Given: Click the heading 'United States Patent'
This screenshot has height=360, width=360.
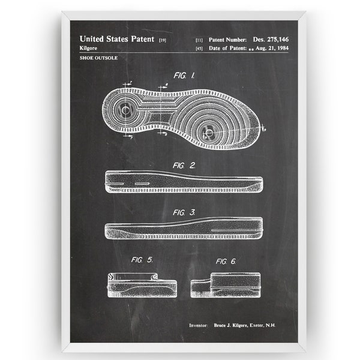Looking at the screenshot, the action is [x=117, y=39].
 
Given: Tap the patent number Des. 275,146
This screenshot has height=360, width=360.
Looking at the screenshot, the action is [x=271, y=40].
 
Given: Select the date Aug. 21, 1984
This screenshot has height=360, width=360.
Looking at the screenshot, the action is [x=272, y=48].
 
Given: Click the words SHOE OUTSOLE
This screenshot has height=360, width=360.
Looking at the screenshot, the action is [x=98, y=58].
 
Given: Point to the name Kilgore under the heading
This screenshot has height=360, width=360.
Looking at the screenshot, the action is [x=88, y=48].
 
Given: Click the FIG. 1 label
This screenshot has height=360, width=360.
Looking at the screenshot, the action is [x=184, y=76].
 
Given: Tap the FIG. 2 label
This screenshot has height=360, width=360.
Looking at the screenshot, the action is [x=184, y=166].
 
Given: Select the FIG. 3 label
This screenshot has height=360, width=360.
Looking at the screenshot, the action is [x=184, y=212].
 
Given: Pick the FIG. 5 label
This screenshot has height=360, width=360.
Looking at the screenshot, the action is [x=142, y=260].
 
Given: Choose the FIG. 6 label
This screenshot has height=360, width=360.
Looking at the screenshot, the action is [x=226, y=261].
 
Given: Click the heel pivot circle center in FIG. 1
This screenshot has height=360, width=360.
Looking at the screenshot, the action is [x=125, y=110].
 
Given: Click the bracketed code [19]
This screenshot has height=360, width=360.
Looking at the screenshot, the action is [x=163, y=40].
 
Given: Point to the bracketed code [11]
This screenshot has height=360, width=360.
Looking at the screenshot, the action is [x=199, y=40].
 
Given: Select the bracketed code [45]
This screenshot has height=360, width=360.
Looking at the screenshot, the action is [x=199, y=49].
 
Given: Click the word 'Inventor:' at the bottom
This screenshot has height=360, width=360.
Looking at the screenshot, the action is [x=199, y=325].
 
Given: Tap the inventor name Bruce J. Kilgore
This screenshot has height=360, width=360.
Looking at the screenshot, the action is [x=231, y=325].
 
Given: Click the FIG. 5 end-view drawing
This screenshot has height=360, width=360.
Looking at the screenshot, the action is [x=142, y=285].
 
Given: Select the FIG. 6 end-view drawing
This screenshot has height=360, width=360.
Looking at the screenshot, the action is [x=226, y=285].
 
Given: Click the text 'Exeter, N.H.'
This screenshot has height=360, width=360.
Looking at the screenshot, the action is [x=263, y=325].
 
